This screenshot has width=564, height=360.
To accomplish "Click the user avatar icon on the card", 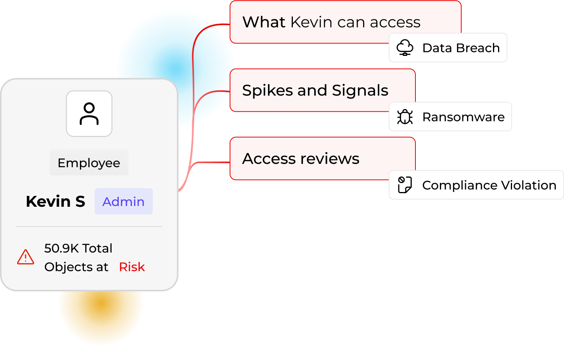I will coord(89,114).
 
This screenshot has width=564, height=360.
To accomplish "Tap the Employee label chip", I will coord(89,163).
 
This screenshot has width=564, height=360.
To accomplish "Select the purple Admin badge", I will coord(123,202).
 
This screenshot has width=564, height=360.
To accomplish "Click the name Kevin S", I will coord(55,202).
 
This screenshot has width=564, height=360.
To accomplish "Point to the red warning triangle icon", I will coord(26,257).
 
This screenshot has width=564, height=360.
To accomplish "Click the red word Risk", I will coord(132,267).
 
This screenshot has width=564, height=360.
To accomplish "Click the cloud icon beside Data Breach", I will coord(405,48).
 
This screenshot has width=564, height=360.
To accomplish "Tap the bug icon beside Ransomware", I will coord(405,117).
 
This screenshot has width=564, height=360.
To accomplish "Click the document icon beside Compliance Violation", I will coord(405,185).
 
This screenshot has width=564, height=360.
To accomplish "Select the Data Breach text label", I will coord(461,48).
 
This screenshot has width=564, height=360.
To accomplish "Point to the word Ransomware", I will coord(464,117).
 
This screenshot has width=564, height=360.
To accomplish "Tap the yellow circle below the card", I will coord(101,318).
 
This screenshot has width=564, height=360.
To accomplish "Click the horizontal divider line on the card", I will coord(89,226).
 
